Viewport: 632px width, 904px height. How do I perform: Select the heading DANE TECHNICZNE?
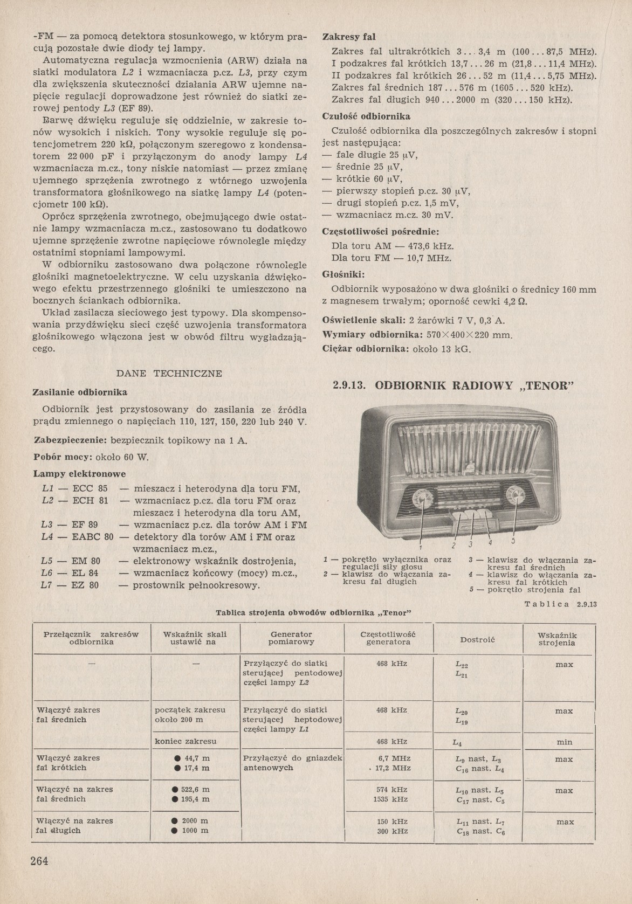tap(169, 373)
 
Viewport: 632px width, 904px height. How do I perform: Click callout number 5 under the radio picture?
tap(513, 541)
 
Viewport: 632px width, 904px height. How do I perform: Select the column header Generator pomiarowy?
tap(291, 638)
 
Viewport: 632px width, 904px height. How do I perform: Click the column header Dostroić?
tap(478, 639)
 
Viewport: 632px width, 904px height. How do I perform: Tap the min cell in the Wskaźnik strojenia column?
tap(564, 742)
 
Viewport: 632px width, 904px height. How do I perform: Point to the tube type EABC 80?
tap(93, 537)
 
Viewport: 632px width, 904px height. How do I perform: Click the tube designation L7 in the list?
tap(47, 585)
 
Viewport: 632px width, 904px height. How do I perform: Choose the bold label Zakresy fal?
tap(348, 37)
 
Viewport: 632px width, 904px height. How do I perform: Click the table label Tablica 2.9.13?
tap(560, 604)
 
